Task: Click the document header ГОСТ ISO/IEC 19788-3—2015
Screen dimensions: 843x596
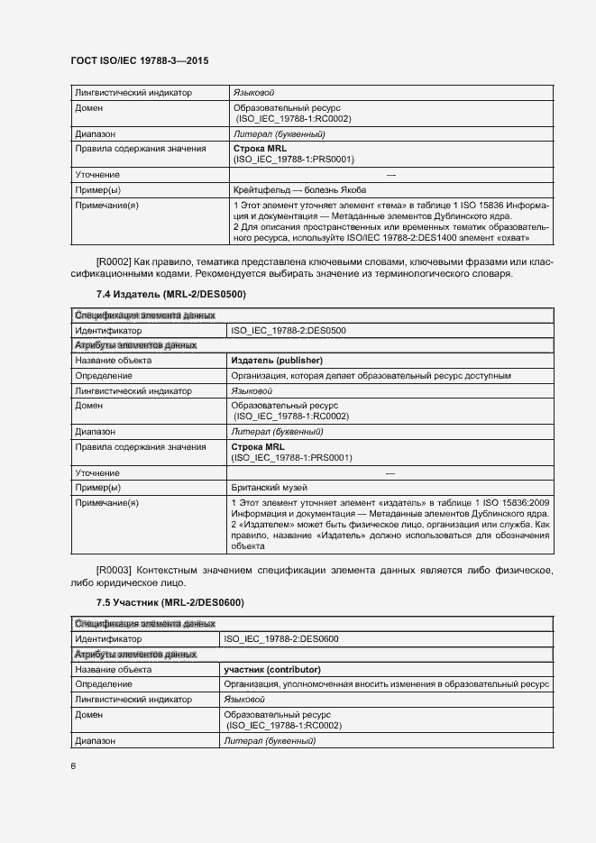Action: click(x=139, y=60)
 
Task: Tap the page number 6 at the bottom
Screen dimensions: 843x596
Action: click(x=73, y=766)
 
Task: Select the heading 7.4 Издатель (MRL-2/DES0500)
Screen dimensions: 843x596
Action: click(x=170, y=294)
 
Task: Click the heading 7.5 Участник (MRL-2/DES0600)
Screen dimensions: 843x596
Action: click(x=170, y=602)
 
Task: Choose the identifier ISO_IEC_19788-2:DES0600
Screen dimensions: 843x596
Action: click(x=281, y=639)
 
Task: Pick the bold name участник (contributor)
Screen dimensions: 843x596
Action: click(x=272, y=670)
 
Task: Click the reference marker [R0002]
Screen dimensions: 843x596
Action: click(x=114, y=261)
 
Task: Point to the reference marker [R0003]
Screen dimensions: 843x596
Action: click(x=114, y=570)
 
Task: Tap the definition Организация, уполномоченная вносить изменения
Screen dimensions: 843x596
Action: click(x=386, y=684)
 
